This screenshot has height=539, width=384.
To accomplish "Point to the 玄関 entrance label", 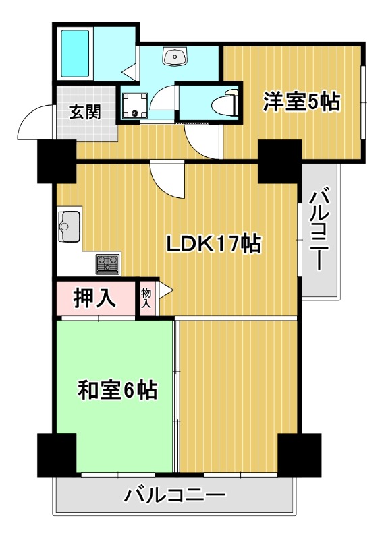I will tap(85, 111).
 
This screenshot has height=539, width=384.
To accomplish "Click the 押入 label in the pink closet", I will tap(95, 297).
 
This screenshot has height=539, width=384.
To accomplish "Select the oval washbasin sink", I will tap(175, 57).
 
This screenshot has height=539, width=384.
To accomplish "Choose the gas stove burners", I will tap(108, 263).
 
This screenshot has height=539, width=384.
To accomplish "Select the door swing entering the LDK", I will tap(167, 179).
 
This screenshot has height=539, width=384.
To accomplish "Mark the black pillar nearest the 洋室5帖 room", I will tap(279, 162).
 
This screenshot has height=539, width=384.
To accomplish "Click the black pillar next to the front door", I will tap(57, 162).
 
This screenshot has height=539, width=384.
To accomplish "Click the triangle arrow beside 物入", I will tap(165, 292).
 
